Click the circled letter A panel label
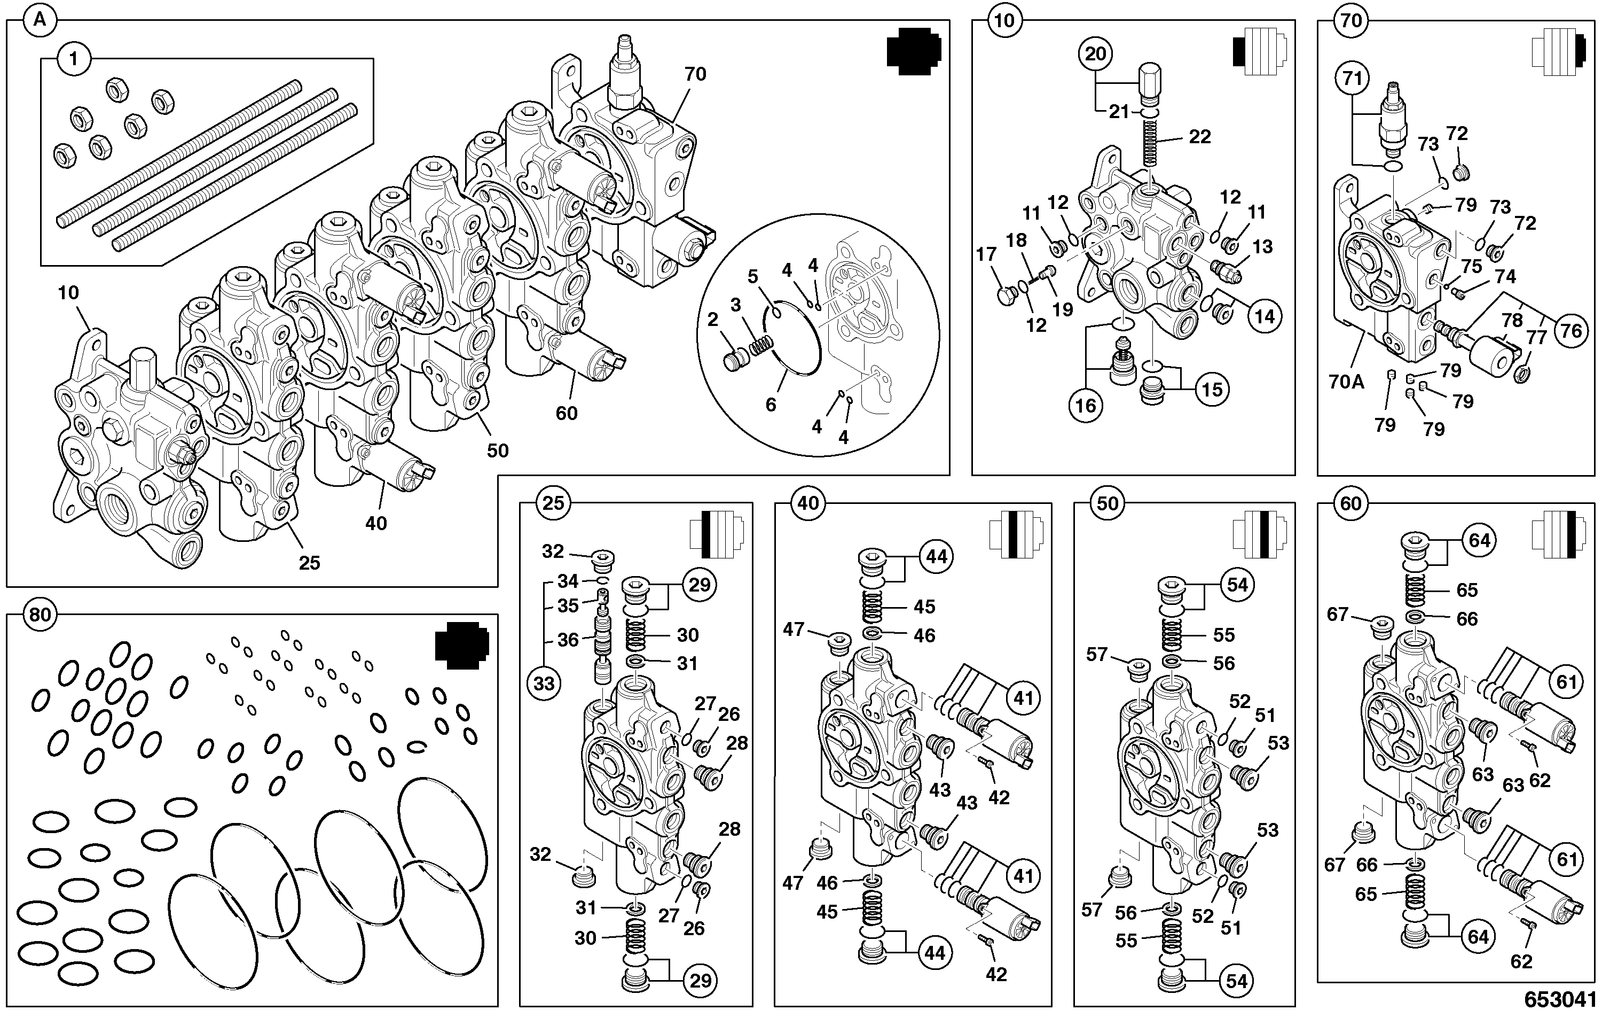pos(40,21)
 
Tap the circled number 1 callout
pos(73,59)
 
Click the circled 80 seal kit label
pos(40,614)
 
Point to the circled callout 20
pos(1095,54)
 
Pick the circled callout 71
pos(1353,79)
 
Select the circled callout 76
pos(1570,330)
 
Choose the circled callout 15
pos(1212,389)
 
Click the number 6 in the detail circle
pos(771,404)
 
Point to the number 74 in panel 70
pos(1505,276)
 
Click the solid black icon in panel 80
pos(462,644)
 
